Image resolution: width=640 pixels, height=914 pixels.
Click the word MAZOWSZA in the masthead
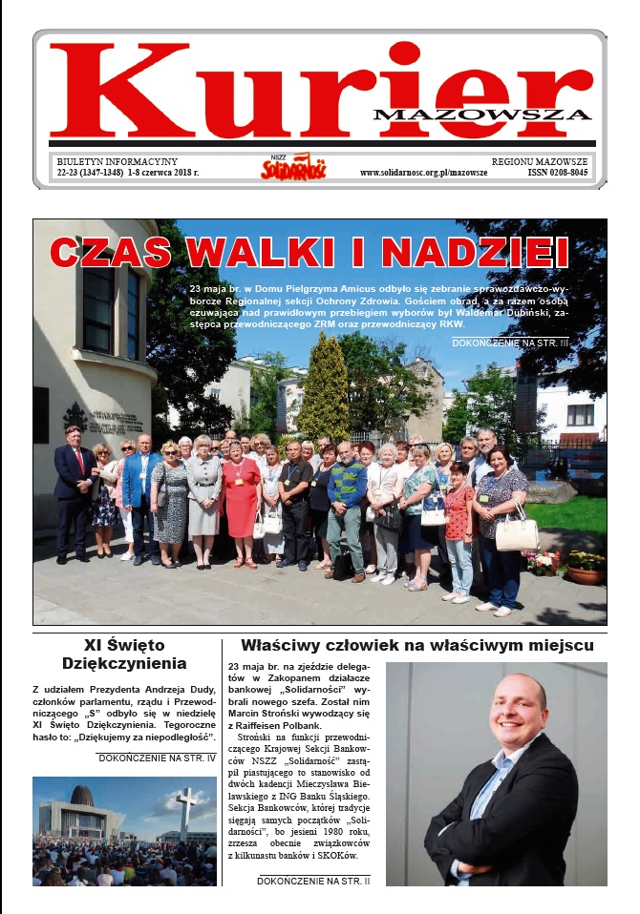(482, 114)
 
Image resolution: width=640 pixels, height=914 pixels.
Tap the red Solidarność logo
(293, 168)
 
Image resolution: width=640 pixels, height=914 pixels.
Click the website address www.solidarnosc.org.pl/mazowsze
(423, 173)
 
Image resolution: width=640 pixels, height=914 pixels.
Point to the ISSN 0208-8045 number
(558, 173)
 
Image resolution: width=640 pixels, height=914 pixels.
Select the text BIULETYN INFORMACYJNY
(117, 161)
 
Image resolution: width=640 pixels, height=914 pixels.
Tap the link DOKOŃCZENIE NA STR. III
(523, 342)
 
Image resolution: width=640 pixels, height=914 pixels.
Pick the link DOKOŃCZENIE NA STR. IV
(156, 758)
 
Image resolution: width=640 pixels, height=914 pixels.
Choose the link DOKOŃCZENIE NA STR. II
(315, 881)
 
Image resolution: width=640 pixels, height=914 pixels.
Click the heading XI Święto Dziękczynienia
(124, 654)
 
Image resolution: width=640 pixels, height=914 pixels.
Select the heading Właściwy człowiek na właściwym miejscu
(423, 645)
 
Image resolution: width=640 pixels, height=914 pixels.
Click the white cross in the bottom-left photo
(186, 808)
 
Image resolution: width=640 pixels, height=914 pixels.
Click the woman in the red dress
(240, 496)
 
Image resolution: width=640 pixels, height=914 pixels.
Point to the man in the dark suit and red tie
(74, 487)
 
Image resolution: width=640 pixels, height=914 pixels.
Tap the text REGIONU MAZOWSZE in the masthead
(540, 161)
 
